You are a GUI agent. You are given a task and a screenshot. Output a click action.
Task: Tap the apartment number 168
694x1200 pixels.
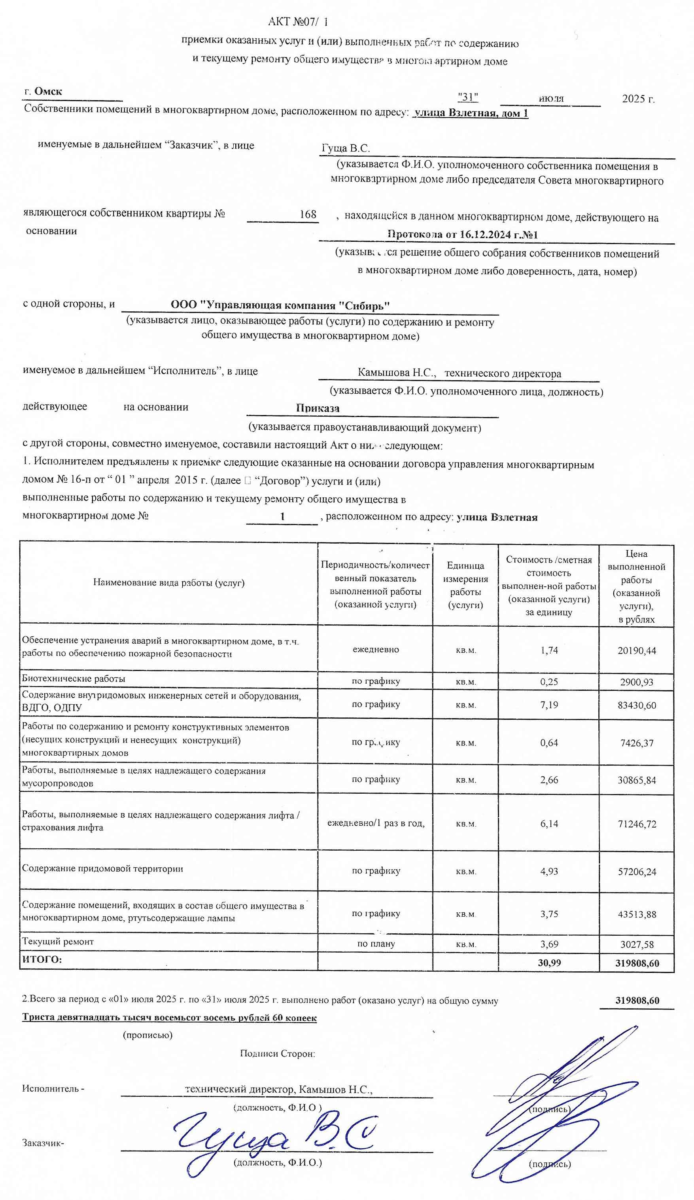coord(308,214)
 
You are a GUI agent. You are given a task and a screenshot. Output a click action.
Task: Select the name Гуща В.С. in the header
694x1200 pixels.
coord(346,148)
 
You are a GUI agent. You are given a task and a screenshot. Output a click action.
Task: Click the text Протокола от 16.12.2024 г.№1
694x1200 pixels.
coord(462,234)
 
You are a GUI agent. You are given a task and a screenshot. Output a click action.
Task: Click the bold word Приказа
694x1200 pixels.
coord(318,408)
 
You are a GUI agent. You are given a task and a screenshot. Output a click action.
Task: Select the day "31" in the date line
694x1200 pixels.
coord(467,97)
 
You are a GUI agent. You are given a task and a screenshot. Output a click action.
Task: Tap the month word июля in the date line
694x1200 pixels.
coord(551,99)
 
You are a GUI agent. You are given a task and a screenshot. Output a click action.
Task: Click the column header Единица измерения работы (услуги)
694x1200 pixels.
coord(465,585)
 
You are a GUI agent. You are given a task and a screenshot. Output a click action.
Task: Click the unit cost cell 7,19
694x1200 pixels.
coord(549,705)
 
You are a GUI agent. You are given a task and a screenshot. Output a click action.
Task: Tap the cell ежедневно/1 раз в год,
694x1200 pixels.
coord(376,823)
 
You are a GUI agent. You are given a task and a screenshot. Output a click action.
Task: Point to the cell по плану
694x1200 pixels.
coord(376,944)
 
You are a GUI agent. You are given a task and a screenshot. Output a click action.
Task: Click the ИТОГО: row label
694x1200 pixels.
coord(42,959)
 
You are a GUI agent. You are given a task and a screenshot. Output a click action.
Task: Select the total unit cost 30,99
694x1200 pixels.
coord(549,963)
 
